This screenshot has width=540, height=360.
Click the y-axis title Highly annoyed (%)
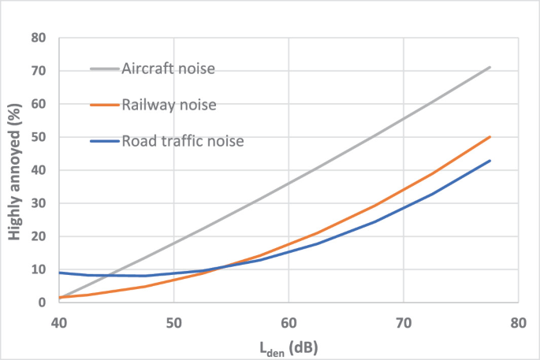point(15,169)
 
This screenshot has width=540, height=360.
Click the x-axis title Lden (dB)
point(287,344)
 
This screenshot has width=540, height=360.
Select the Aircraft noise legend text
point(168,69)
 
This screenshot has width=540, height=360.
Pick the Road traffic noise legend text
point(182,141)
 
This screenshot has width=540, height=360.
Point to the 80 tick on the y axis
point(39,38)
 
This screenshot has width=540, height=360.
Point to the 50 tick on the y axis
point(39,137)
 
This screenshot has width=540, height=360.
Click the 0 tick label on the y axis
point(43,302)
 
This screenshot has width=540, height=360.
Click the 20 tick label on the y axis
point(39,236)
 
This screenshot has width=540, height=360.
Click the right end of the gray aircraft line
point(490,67)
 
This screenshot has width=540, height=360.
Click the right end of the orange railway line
point(490,136)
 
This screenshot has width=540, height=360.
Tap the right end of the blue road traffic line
point(490,161)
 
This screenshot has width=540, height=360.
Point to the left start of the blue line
point(60,273)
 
